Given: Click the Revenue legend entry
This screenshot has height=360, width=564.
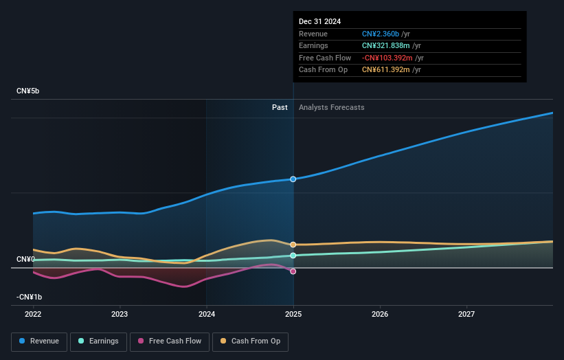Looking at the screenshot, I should [x=39, y=341].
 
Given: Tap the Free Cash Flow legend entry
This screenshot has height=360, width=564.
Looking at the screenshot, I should [x=169, y=341].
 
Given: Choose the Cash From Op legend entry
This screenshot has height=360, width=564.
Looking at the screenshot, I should [x=250, y=341].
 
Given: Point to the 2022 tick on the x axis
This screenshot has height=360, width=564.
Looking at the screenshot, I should [x=33, y=314].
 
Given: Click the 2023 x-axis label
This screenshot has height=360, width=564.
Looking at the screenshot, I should [x=120, y=314].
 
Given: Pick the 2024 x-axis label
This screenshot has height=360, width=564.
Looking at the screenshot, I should [x=206, y=314].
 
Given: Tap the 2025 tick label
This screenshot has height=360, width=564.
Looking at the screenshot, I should [x=293, y=314].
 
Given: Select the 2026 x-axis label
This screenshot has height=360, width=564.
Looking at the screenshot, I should [x=380, y=314].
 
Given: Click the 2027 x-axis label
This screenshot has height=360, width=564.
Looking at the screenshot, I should [x=466, y=314].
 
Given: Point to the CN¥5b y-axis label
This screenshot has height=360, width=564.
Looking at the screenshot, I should [x=28, y=91].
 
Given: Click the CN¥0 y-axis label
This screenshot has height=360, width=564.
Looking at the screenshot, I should [x=25, y=259].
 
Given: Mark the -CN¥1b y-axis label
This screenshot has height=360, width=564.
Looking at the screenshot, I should [x=29, y=297].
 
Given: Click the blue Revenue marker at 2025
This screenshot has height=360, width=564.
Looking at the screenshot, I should [x=293, y=179].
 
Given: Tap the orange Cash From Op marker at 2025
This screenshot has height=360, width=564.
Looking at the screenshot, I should [x=293, y=245].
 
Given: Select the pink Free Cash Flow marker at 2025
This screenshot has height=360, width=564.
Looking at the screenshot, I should [x=293, y=271].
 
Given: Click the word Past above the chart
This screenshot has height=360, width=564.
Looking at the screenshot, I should [x=280, y=107].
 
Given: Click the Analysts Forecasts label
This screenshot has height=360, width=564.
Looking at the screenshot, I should [x=331, y=107].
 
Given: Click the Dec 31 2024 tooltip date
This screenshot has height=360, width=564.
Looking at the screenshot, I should [x=319, y=21].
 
